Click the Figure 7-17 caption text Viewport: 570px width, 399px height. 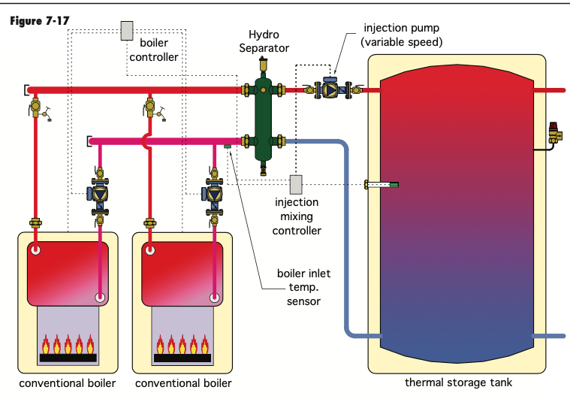click(40, 20)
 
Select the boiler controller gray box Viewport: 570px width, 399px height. click(127, 31)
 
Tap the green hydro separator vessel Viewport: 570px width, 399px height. click(263, 116)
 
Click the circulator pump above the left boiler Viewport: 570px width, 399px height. click(99, 193)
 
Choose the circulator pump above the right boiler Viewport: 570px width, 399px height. click(214, 193)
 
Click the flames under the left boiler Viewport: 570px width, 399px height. click(68, 345)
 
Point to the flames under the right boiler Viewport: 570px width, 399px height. click(182, 345)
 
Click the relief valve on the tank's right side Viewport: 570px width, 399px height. click(554, 134)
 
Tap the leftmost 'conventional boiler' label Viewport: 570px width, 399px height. click(68, 383)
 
